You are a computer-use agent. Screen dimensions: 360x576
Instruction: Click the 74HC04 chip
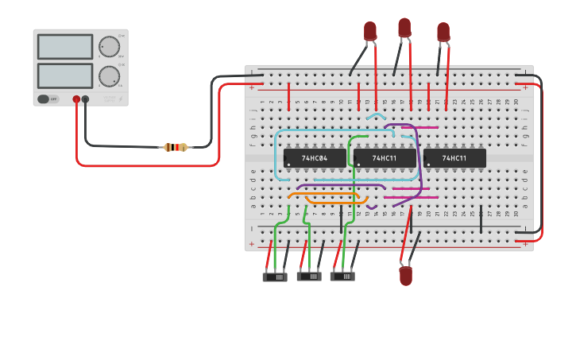[x=315, y=158]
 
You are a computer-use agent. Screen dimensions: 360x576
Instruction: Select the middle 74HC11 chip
[x=385, y=158]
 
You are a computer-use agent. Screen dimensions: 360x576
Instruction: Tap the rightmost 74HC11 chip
[x=454, y=158]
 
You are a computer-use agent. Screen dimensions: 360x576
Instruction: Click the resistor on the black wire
[x=175, y=147]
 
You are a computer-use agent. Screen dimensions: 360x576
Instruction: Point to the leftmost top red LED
[x=370, y=31]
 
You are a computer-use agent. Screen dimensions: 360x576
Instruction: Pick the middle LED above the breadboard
[x=404, y=27]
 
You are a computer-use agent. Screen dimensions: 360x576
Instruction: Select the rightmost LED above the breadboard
[x=443, y=31]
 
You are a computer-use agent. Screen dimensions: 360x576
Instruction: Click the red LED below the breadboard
[x=406, y=276]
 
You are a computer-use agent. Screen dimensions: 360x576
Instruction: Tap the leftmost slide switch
[x=275, y=277]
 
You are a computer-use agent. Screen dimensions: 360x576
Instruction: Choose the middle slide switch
[x=309, y=277]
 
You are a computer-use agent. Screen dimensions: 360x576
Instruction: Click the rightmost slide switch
[x=342, y=277]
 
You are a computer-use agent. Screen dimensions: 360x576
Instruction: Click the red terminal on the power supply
[x=77, y=99]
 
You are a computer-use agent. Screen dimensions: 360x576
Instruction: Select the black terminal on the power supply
[x=86, y=99]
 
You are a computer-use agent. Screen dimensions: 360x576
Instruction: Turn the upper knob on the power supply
[x=109, y=47]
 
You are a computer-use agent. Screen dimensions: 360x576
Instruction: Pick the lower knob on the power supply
[x=109, y=76]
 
